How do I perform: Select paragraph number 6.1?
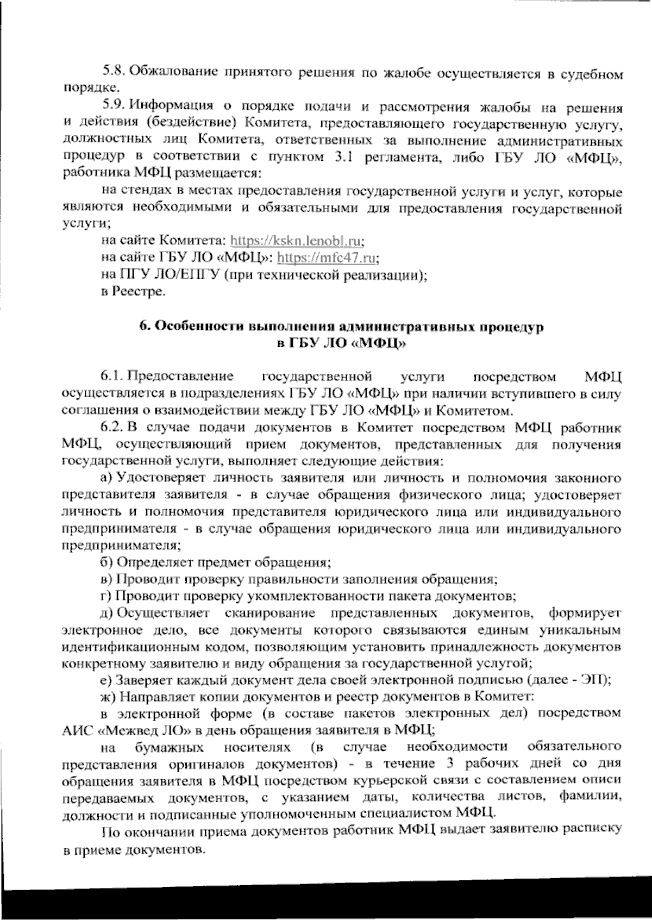(111, 377)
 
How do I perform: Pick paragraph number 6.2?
(112, 428)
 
